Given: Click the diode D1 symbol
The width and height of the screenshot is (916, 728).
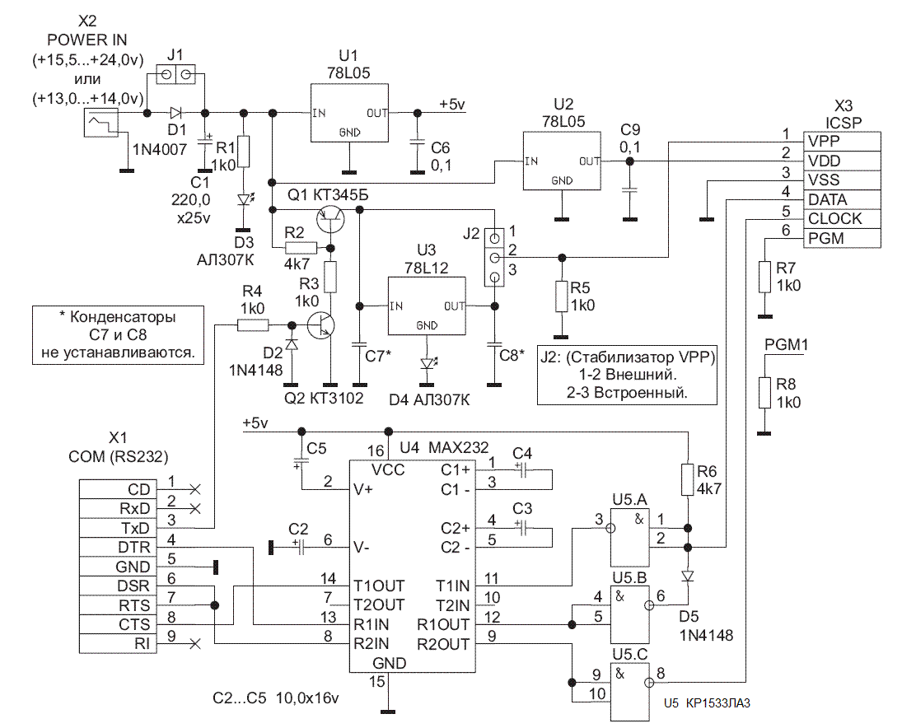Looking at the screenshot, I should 175,112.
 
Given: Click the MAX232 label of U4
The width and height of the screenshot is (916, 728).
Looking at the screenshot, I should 457,448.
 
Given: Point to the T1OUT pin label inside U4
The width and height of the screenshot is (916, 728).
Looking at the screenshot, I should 379,586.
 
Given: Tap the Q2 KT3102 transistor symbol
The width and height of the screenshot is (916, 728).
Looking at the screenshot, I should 325,324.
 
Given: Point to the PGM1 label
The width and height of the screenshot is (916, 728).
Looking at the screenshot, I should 786,346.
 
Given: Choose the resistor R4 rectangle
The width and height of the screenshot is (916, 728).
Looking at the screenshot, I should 251,324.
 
